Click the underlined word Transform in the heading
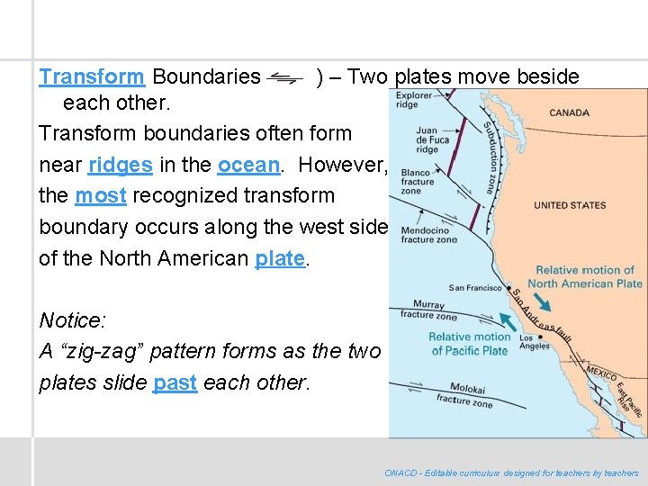click(x=92, y=76)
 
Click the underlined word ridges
click(x=121, y=165)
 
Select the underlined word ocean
click(x=249, y=165)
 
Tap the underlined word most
click(x=100, y=195)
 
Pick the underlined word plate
click(x=280, y=258)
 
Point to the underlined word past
click(x=175, y=382)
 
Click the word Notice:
click(x=73, y=320)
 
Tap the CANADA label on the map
click(x=569, y=113)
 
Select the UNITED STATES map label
click(x=570, y=205)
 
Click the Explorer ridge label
click(x=414, y=100)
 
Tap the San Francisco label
click(x=474, y=288)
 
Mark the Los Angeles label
click(x=534, y=342)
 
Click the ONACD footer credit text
click(x=511, y=472)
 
